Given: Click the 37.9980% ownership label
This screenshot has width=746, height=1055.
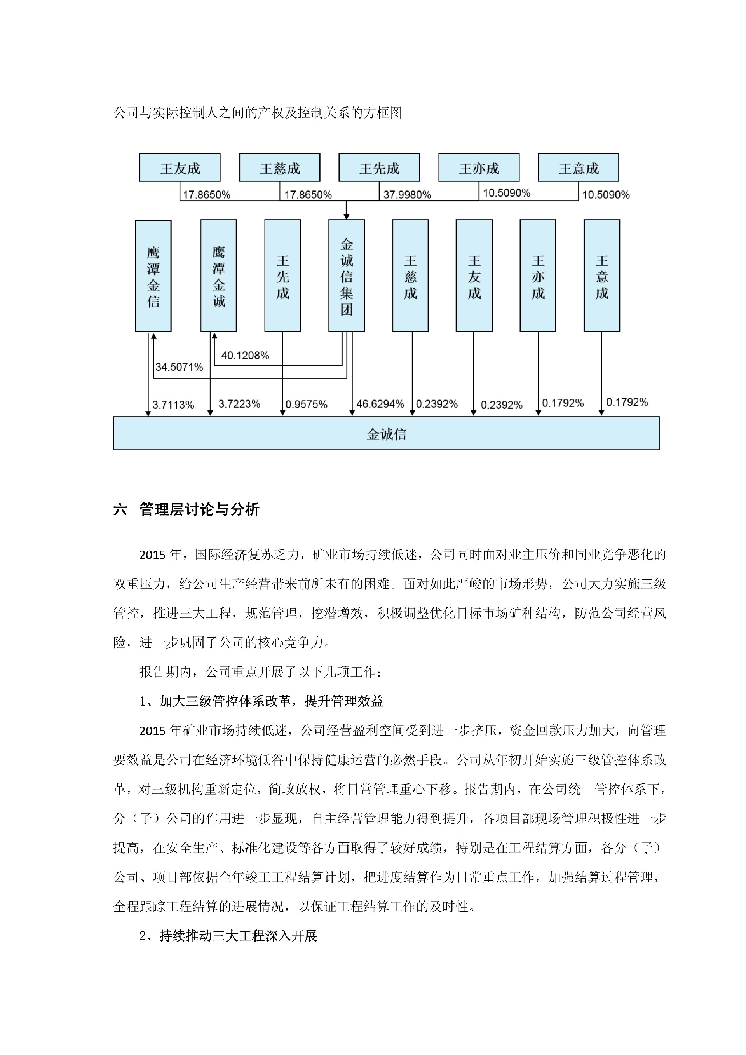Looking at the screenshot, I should (407, 195).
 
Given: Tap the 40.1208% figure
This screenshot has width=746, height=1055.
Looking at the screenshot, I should (245, 356).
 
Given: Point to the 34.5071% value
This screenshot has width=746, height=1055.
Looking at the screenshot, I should (179, 367).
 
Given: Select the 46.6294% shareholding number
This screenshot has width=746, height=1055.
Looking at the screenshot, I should (380, 404).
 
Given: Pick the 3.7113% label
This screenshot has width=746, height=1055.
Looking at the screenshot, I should (173, 405).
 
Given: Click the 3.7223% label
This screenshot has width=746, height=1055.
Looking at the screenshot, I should (239, 404).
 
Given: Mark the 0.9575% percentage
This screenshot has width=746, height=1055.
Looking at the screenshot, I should (307, 405).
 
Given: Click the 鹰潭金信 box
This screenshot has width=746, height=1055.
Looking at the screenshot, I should (153, 276).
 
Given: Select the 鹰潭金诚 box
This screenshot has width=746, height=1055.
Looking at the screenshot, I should (219, 276).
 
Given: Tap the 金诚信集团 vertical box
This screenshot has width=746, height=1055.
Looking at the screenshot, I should (346, 276).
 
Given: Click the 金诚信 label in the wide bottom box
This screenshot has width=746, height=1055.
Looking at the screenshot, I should (386, 434).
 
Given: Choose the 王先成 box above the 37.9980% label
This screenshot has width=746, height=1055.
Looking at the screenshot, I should (379, 169).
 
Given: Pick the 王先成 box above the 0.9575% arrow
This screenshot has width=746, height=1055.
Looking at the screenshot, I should (282, 276).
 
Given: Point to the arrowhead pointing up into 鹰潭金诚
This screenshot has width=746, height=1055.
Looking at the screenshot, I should (214, 337).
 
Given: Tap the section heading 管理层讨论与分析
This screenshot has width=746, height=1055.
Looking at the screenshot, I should (199, 509).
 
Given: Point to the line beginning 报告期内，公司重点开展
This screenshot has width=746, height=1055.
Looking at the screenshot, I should (260, 672).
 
